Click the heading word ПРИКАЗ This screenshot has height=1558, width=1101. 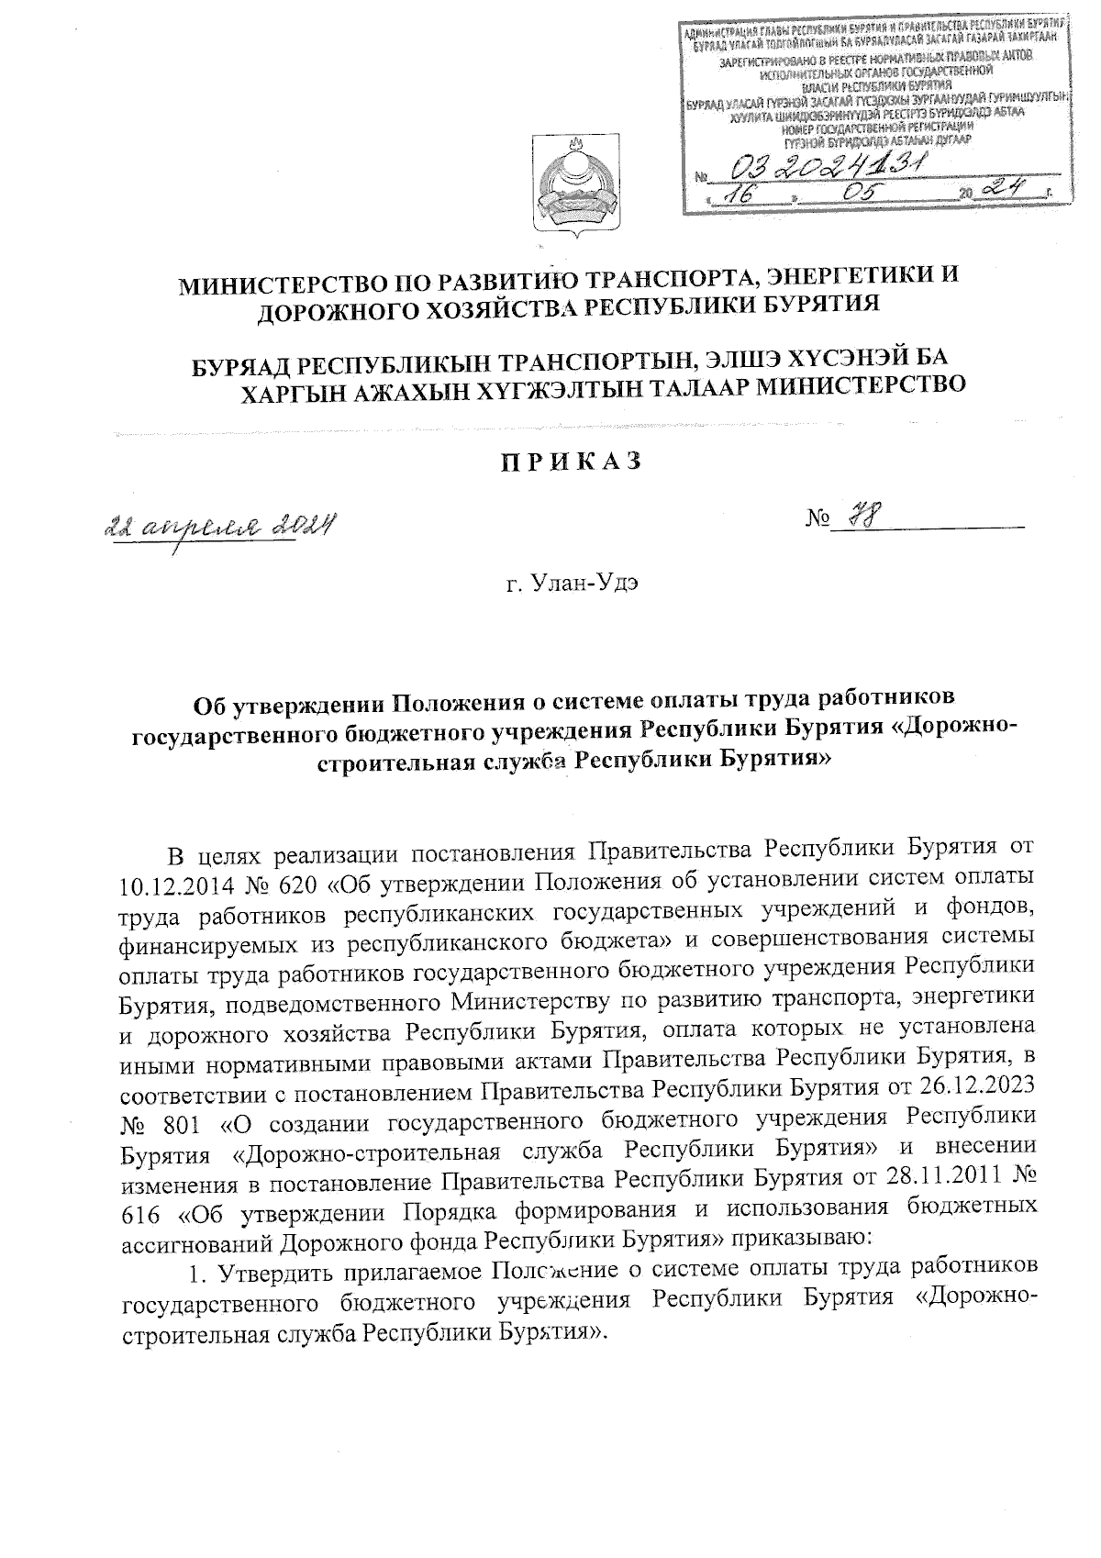(571, 462)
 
